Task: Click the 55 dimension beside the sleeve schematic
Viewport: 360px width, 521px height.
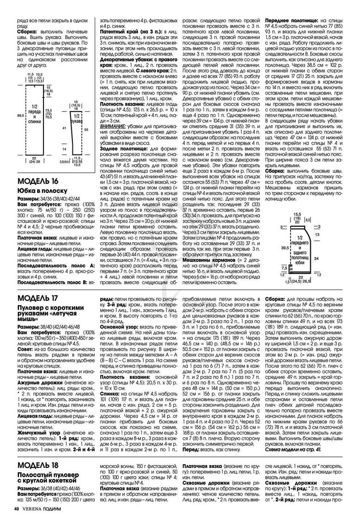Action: (x=87, y=130)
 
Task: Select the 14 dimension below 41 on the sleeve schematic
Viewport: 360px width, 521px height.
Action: (x=65, y=150)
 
